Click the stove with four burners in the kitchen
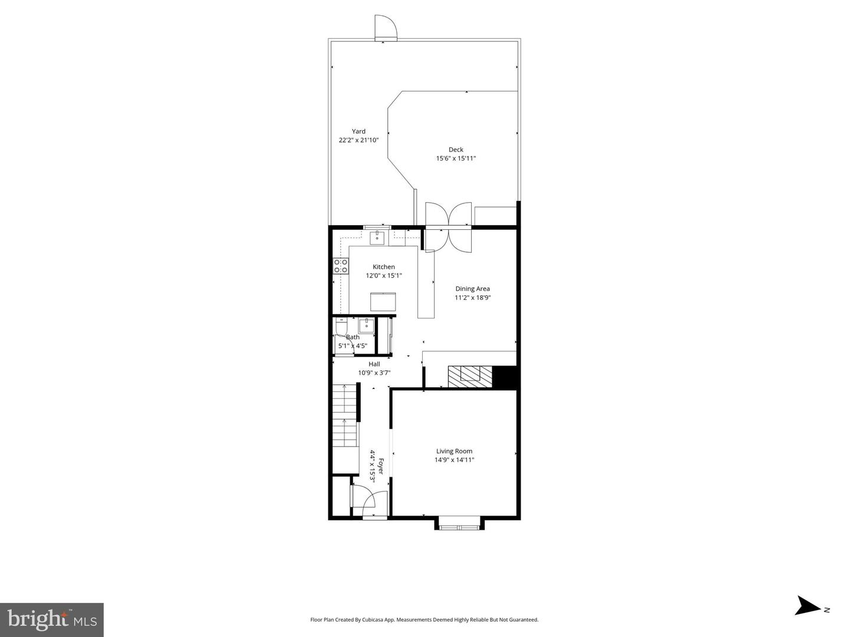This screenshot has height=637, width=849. (x=340, y=266)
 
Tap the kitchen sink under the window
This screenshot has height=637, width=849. (x=377, y=238)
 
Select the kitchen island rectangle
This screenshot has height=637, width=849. (x=383, y=301)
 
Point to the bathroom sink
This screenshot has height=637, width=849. (x=366, y=325)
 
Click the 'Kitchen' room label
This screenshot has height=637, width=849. (x=384, y=267)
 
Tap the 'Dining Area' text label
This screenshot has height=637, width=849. (x=472, y=289)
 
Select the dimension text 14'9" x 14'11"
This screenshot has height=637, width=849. (x=455, y=460)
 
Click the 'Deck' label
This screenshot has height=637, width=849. (x=456, y=150)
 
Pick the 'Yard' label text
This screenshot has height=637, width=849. (x=358, y=131)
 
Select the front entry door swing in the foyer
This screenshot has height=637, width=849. (x=364, y=501)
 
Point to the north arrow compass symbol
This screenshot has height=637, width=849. (x=807, y=606)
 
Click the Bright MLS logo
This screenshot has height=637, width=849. (x=52, y=619)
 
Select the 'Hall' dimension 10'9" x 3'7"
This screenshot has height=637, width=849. (x=374, y=372)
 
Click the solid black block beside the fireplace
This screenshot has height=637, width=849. (x=504, y=377)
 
